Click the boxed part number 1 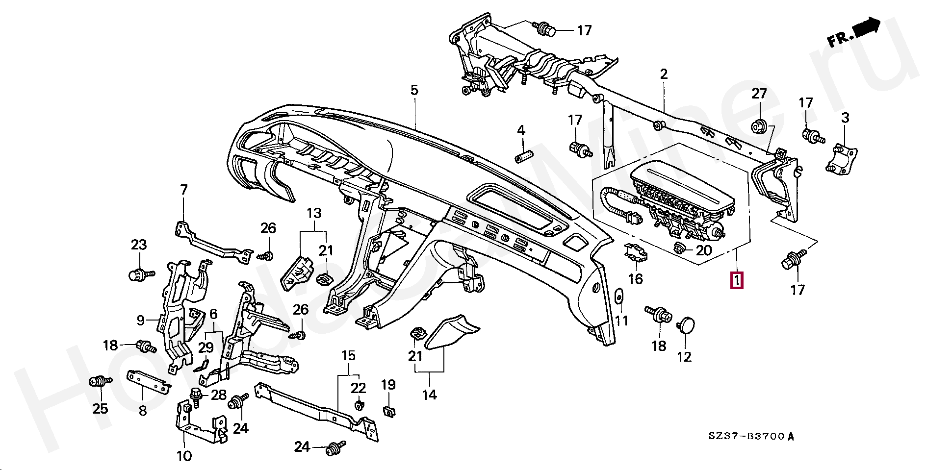click(x=737, y=280)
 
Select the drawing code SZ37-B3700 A click(x=750, y=436)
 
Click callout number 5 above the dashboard click(x=414, y=90)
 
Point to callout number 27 click(x=759, y=94)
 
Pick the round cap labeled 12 click(x=686, y=324)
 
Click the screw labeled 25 click(x=100, y=382)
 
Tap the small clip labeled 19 click(x=388, y=412)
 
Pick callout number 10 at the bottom click(x=184, y=456)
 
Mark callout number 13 click(x=314, y=213)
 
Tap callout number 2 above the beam click(x=664, y=74)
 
